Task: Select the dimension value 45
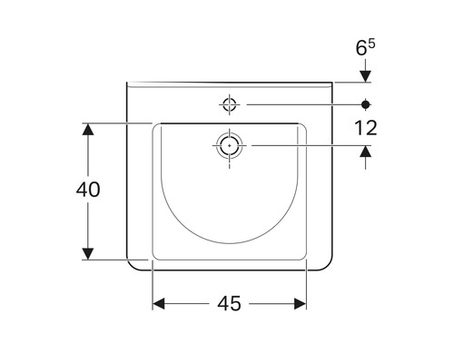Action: point(230,304)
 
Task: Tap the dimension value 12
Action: point(366,128)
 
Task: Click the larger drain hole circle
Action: point(230,144)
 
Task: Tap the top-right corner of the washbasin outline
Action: point(333,82)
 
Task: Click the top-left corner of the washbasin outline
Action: point(126,82)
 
